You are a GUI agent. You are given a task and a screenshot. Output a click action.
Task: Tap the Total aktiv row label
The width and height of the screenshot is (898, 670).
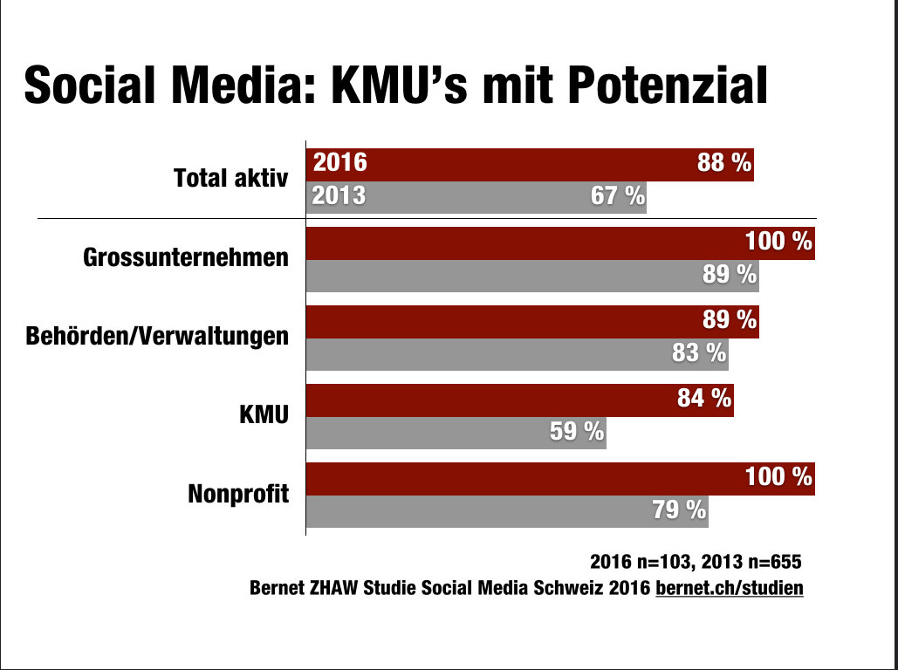click(230, 180)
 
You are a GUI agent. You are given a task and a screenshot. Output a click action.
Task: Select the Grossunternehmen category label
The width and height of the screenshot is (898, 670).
click(186, 257)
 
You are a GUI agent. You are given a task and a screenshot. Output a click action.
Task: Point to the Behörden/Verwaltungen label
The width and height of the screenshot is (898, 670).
click(157, 336)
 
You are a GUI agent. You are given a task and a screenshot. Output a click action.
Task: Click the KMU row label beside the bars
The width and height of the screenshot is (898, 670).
click(264, 414)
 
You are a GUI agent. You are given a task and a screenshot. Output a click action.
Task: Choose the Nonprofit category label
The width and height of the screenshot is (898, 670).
click(238, 494)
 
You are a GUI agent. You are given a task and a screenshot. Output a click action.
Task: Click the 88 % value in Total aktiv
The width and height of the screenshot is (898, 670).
click(724, 163)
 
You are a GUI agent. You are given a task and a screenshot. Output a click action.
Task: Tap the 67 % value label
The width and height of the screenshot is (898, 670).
click(617, 196)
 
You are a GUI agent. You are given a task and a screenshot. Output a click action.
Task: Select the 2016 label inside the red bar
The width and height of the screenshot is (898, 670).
click(340, 163)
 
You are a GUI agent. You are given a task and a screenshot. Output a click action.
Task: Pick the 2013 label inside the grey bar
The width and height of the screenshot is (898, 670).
click(339, 196)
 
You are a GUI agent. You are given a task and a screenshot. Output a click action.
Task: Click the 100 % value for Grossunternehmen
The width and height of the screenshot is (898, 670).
click(778, 242)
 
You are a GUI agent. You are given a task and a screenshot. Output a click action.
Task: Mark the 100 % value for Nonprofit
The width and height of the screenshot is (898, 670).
click(778, 477)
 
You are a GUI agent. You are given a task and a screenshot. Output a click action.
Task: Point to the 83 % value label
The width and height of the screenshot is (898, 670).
click(699, 352)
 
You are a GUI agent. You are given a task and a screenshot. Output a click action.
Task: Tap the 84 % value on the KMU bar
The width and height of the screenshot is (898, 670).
click(703, 399)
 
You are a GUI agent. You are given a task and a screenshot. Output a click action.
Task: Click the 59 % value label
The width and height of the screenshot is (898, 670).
click(577, 431)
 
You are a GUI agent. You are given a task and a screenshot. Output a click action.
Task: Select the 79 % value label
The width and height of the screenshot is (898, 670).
click(679, 509)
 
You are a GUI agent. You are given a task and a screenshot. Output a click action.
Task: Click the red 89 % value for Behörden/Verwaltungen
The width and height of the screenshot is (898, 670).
click(730, 320)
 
